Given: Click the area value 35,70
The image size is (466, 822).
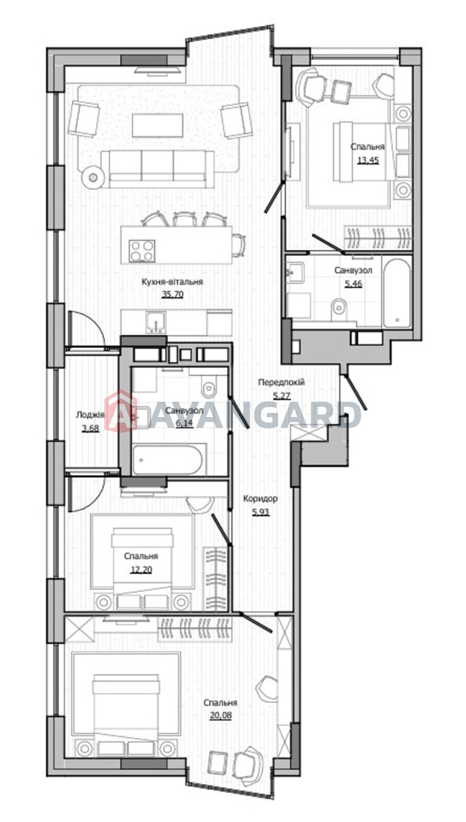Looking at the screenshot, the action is coord(173,294).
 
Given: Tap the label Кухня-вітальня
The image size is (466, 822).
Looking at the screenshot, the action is coord(173,282).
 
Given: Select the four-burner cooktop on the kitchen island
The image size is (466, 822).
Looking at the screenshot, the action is coord(142,251).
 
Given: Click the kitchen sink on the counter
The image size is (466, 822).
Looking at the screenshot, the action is coord(156,322).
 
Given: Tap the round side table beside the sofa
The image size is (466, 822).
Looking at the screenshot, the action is coord(94,177).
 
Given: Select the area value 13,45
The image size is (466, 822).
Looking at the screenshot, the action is coord(368,160).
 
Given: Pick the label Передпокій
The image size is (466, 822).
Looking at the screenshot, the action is coord(281,382).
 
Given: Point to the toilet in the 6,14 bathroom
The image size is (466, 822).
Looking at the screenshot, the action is coord(210,386).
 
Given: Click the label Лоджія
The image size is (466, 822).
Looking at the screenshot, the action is coord(90,415).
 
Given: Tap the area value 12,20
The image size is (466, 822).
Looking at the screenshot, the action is coord(141,569).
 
